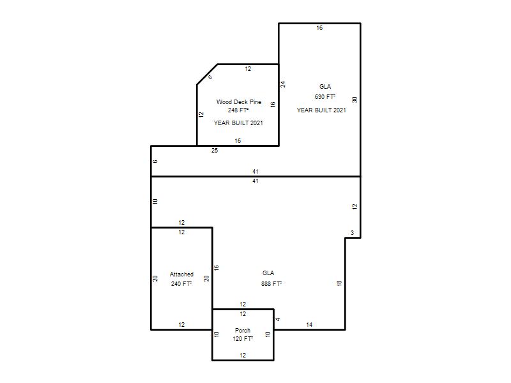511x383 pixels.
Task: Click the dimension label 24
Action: point(283,84)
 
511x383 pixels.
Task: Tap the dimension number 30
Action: point(355,100)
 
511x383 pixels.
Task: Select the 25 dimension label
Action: point(215,151)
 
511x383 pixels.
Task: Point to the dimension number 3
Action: point(352,232)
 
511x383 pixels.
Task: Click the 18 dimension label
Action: point(339,283)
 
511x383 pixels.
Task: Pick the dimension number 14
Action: point(309,324)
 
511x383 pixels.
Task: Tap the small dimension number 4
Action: point(278,319)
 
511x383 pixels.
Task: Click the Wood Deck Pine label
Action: point(238,102)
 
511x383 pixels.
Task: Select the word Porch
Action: point(243,330)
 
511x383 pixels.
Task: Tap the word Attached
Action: point(181,274)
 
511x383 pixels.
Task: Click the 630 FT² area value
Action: point(325,97)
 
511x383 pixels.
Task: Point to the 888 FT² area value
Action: point(271,283)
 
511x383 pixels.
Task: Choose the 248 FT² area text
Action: point(238,110)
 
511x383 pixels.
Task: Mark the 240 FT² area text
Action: point(181,283)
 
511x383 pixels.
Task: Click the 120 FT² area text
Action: point(243,339)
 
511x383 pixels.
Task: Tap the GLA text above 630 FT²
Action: point(325,86)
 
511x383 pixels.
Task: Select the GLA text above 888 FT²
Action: point(268,273)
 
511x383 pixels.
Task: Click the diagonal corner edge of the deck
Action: point(207,75)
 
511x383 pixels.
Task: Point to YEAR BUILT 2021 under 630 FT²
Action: point(321,110)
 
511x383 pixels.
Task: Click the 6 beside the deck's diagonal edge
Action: point(210,77)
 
